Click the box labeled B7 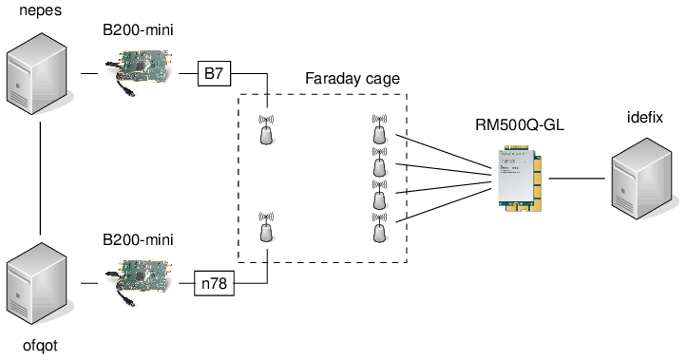point(214,73)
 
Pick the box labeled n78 point(214,282)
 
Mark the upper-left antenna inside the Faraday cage point(267,130)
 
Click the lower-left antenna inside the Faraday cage point(267,228)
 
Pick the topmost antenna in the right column point(379,132)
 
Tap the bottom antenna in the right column point(379,228)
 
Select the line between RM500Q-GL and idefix point(576,178)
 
